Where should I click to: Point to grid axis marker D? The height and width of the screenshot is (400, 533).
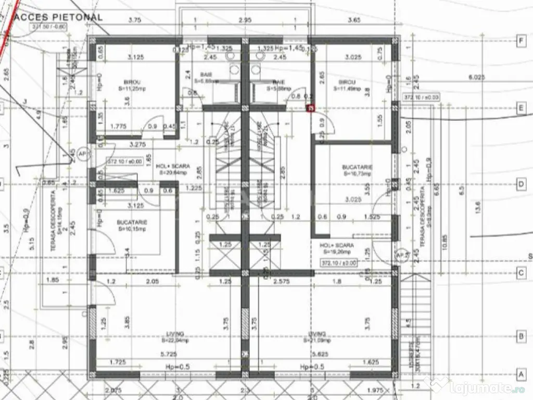[519, 184]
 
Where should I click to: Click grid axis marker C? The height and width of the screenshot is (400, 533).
[519, 272]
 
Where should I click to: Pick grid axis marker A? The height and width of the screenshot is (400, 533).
[519, 374]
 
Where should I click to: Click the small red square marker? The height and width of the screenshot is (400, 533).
[311, 108]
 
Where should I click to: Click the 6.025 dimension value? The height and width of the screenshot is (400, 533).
[476, 77]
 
